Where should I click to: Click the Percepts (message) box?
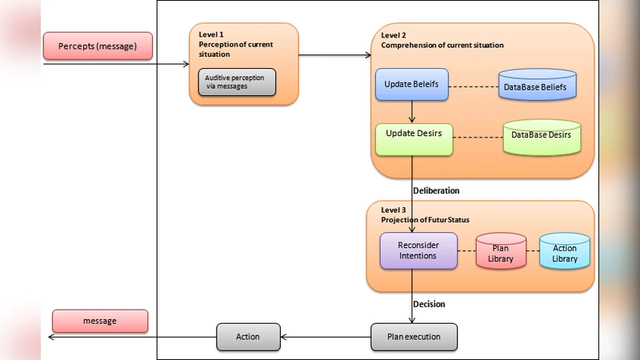[x=98, y=46]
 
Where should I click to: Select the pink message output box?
[x=100, y=321]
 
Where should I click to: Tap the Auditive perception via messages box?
[x=237, y=82]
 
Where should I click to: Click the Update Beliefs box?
[x=411, y=84]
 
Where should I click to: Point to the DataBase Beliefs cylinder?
[x=537, y=85]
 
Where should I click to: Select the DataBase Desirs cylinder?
[x=541, y=136]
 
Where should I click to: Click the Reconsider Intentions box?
[x=418, y=250]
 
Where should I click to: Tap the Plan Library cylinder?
[x=501, y=252]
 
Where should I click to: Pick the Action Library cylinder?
[x=564, y=252]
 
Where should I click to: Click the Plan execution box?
[x=414, y=337]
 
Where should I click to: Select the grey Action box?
[x=248, y=337]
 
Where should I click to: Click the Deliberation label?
[x=436, y=191]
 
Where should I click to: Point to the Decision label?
[x=429, y=304]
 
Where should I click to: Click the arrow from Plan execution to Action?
[x=325, y=337]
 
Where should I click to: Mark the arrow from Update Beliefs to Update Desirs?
[x=412, y=111]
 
